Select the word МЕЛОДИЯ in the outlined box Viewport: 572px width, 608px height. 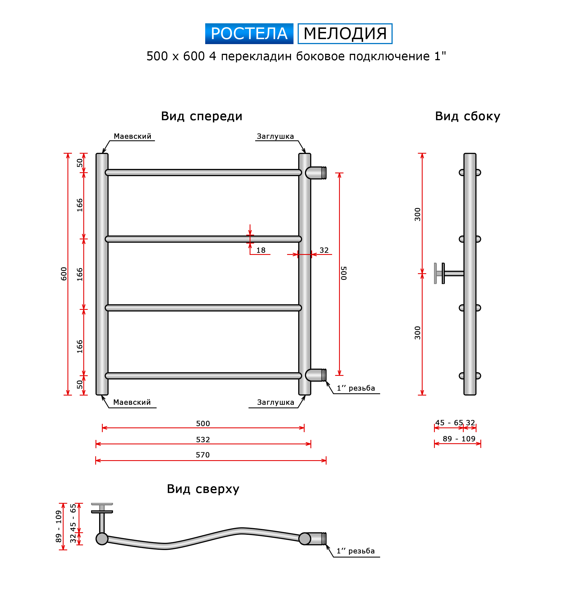pos(345,34)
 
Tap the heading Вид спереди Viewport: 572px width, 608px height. pos(202,116)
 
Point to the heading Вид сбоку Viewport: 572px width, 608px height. pos(467,116)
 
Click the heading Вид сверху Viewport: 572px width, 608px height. pos(203,489)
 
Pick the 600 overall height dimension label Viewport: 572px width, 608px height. pos(64,274)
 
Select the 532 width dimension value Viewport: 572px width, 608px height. pos(203,439)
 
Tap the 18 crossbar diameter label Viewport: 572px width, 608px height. pos(260,250)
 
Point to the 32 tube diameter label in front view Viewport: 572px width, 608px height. pos(324,250)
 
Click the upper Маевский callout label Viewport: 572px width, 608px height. pos(132,136)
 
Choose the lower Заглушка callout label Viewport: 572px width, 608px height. pos(275,402)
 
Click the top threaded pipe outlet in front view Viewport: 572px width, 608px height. pos(316,173)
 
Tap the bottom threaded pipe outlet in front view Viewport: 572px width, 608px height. pos(316,375)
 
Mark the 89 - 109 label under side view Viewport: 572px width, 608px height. pos(459,439)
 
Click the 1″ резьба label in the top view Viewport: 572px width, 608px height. pos(355,551)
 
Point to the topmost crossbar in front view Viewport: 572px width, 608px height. pos(203,173)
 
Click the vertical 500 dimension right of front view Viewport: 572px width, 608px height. pos(343,273)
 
